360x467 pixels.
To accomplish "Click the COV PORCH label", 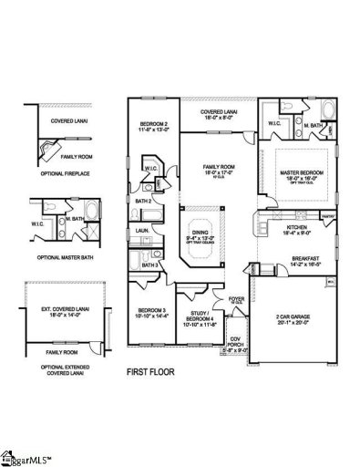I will [235, 339].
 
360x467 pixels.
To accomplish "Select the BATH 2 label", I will [143, 201].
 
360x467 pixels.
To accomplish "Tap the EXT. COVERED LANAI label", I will [58, 314].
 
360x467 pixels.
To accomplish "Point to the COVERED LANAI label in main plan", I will [218, 112].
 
